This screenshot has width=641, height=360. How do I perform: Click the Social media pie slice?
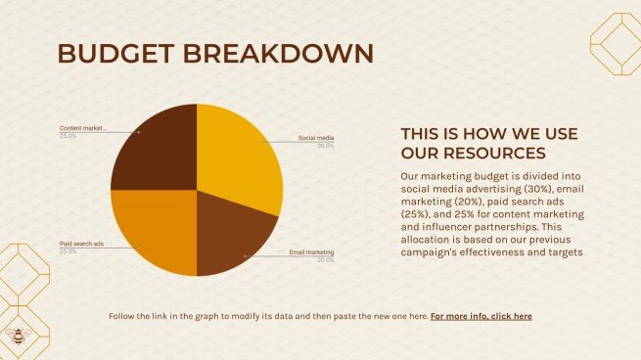point(240,157)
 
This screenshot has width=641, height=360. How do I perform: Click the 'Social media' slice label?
point(316,138)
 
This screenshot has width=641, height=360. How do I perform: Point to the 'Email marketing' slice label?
point(311,252)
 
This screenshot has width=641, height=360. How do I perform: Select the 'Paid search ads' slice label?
point(81,243)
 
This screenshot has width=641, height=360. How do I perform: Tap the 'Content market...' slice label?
point(81,128)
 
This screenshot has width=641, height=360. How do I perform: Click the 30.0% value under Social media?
point(325,147)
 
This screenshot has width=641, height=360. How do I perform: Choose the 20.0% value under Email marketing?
point(325,260)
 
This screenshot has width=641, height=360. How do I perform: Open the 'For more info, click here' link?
point(481,316)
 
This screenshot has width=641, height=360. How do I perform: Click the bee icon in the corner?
point(17,336)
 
